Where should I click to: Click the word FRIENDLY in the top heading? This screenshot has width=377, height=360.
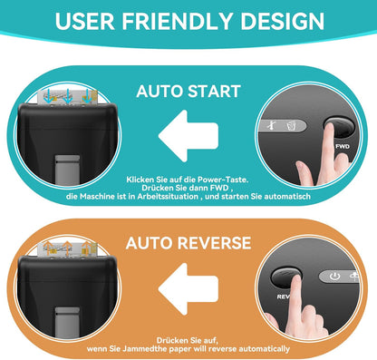[177, 21]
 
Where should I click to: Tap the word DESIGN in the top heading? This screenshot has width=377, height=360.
[282, 21]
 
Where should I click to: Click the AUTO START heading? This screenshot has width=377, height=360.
[188, 91]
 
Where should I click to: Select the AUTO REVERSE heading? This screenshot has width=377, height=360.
[188, 243]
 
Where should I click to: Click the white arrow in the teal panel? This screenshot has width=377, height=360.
[188, 136]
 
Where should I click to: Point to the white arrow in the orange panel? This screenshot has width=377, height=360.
[188, 289]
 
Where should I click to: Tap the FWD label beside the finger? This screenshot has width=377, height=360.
[343, 147]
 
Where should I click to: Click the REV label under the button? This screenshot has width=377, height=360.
[284, 297]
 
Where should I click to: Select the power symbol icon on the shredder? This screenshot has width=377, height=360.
[334, 276]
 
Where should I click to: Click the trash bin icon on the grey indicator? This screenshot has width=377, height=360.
[291, 125]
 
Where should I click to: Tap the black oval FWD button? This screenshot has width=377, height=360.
[339, 127]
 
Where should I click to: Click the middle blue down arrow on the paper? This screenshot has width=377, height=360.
[68, 96]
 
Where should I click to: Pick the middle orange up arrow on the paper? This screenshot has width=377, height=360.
[67, 248]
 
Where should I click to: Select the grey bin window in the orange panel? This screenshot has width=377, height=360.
[68, 322]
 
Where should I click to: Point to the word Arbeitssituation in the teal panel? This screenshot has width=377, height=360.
[168, 197]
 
